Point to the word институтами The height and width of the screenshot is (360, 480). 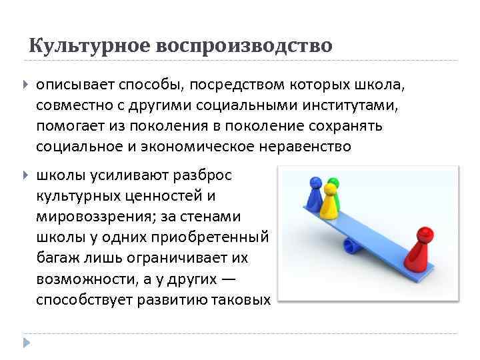click(x=346, y=105)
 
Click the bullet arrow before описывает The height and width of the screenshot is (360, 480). click(x=25, y=85)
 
